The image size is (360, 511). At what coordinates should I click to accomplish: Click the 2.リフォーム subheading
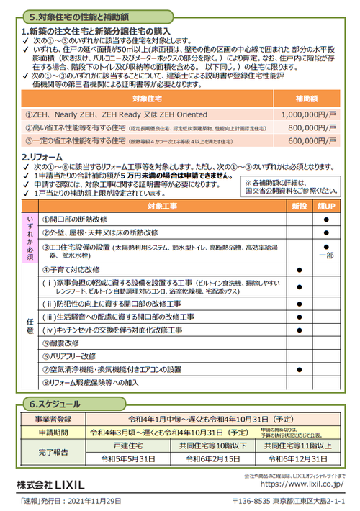click(x=45, y=157)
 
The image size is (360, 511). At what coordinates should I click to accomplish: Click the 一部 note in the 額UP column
click(x=326, y=255)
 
